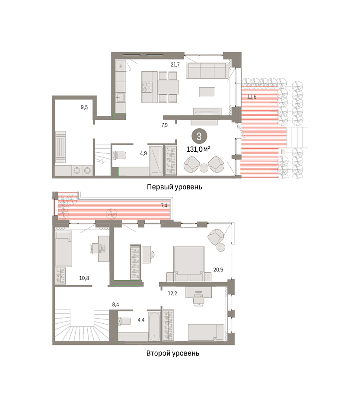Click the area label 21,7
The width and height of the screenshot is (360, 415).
tap(175, 64)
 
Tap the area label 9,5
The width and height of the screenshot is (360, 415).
tap(84, 108)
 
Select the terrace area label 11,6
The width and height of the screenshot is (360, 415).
tap(252, 96)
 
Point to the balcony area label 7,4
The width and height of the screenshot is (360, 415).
tap(164, 205)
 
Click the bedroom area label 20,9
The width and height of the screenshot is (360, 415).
tap(218, 270)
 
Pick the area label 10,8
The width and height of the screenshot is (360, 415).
tap(84, 278)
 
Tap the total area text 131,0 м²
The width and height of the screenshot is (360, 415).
tap(198, 149)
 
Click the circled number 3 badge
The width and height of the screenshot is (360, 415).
tap(199, 137)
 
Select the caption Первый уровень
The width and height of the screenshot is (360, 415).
tap(174, 187)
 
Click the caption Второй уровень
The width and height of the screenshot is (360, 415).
tap(173, 353)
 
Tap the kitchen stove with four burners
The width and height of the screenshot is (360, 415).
tap(147, 87)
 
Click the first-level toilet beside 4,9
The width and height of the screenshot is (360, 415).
tap(119, 155)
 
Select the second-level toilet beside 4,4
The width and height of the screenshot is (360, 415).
tap(124, 321)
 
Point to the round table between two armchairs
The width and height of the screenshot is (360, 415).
tap(204, 168)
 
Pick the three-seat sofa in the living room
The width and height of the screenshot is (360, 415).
tap(207, 70)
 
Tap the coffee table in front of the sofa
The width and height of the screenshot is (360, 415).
tap(207, 92)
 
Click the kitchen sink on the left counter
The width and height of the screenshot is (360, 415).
tap(121, 97)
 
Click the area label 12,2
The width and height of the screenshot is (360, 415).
tap(172, 294)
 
